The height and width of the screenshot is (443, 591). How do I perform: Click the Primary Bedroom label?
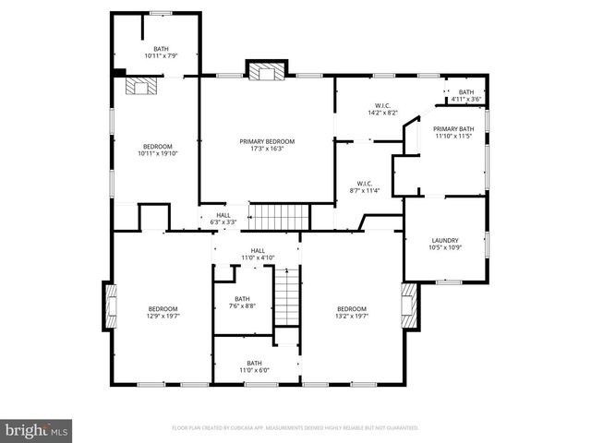pyautogui.click(x=267, y=145)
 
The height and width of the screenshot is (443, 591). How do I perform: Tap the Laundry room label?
pyautogui.click(x=444, y=245)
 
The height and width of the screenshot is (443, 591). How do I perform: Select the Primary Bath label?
pyautogui.click(x=453, y=132)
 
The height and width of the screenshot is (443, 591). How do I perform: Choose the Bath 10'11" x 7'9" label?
pyautogui.click(x=162, y=53)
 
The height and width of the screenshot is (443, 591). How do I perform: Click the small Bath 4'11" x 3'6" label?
pyautogui.click(x=466, y=95)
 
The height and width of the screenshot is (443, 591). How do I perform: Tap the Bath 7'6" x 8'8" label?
pyautogui.click(x=242, y=303)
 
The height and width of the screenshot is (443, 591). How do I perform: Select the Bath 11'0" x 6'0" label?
pyautogui.click(x=254, y=367)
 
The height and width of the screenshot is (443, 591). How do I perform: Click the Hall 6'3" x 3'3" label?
pyautogui.click(x=223, y=219)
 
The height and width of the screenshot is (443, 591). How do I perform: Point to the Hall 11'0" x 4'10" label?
pyautogui.click(x=258, y=254)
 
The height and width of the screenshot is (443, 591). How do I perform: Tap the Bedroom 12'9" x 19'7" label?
pyautogui.click(x=163, y=313)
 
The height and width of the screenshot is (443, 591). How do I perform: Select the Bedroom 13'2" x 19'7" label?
pyautogui.click(x=352, y=313)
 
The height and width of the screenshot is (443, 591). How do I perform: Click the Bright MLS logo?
pyautogui.click(x=37, y=430)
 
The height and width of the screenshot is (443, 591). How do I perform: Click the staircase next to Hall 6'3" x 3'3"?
pyautogui.click(x=280, y=218)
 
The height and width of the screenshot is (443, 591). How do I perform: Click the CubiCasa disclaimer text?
pyautogui.click(x=295, y=428)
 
